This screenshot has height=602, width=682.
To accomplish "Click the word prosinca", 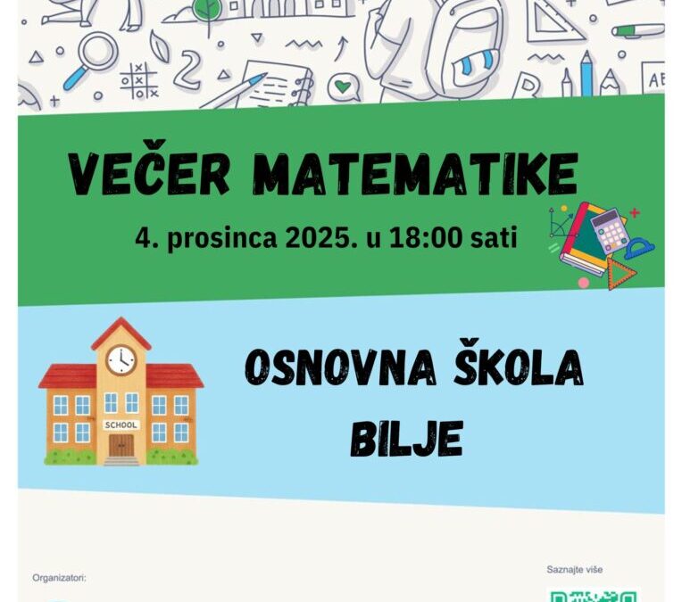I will (x=212, y=240).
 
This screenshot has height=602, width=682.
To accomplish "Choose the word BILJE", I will (x=406, y=438).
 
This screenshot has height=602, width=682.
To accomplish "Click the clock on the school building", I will (x=121, y=359).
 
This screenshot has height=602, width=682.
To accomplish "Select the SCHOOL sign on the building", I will (x=121, y=425).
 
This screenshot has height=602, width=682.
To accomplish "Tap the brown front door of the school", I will (x=121, y=445).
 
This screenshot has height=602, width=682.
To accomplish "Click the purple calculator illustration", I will (x=610, y=230).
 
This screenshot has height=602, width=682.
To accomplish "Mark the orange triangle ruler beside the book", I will (x=621, y=273).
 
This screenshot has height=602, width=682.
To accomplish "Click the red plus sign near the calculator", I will (x=635, y=213).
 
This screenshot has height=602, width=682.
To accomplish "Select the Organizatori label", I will (x=59, y=578).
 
